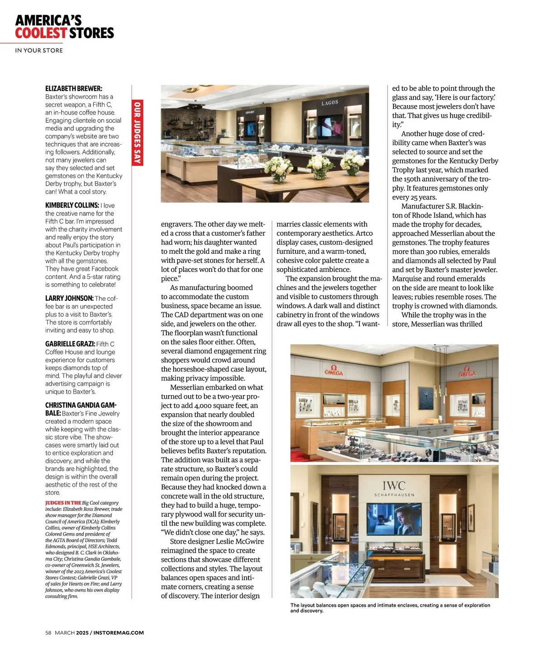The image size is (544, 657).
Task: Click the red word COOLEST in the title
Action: pyautogui.click(x=41, y=33)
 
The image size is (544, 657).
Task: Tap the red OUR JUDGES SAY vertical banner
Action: pyautogui.click(x=137, y=133)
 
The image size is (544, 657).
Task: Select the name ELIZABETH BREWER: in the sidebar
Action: pyautogui.click(x=73, y=88)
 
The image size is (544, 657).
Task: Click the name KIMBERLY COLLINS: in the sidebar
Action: pyautogui.click(x=72, y=205)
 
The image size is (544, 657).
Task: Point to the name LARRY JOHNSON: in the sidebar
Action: pyautogui.click(x=69, y=298)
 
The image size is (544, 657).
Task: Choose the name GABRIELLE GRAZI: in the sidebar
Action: pyautogui.click(x=70, y=344)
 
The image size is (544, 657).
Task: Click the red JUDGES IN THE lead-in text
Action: pyautogui.click(x=63, y=502)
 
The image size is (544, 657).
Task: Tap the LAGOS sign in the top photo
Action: pyautogui.click(x=330, y=103)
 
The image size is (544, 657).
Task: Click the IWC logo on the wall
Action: pyautogui.click(x=393, y=486)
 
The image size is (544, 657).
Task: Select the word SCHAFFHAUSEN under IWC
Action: pyautogui.click(x=394, y=495)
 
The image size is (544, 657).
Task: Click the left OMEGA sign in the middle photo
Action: pyautogui.click(x=333, y=371)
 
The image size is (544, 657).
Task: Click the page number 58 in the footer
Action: pyautogui.click(x=48, y=633)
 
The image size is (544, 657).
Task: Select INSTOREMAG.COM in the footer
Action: pyautogui.click(x=118, y=633)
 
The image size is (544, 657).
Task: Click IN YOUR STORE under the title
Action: pyautogui.click(x=39, y=50)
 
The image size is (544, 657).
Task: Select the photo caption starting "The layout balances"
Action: pyautogui.click(x=390, y=608)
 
